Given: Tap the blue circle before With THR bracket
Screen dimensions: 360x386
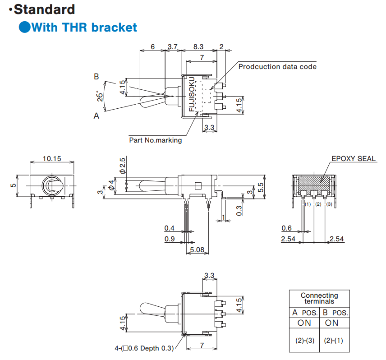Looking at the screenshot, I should pos(24,27).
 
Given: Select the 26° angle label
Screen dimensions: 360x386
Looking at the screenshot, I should pos(101,96).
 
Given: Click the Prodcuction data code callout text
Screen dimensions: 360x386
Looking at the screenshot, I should pos(277,67).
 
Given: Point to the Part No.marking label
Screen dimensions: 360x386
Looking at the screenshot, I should pos(156,140).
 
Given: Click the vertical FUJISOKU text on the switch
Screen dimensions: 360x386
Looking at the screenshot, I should pos(192,95).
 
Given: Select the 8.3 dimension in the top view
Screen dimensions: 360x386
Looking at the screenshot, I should pos(198,46).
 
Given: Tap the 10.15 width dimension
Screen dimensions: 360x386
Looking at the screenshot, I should pos(52,158).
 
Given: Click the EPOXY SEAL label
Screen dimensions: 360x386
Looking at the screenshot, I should pos(354,158).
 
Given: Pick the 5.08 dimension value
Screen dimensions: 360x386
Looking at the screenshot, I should pos(197,249).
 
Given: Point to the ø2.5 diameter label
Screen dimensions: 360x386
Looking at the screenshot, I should pos(122,166).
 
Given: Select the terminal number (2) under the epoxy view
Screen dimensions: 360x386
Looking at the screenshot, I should pos(318,204).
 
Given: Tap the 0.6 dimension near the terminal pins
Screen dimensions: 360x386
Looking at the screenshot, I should pos(286,228).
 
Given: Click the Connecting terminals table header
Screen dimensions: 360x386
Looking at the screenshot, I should pos(319,298).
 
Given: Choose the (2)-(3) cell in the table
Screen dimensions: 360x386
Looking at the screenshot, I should pos(304,341).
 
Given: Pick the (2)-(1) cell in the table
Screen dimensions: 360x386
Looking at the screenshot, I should pos(334,341).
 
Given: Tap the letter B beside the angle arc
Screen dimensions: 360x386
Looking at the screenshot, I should pos(96,77).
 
